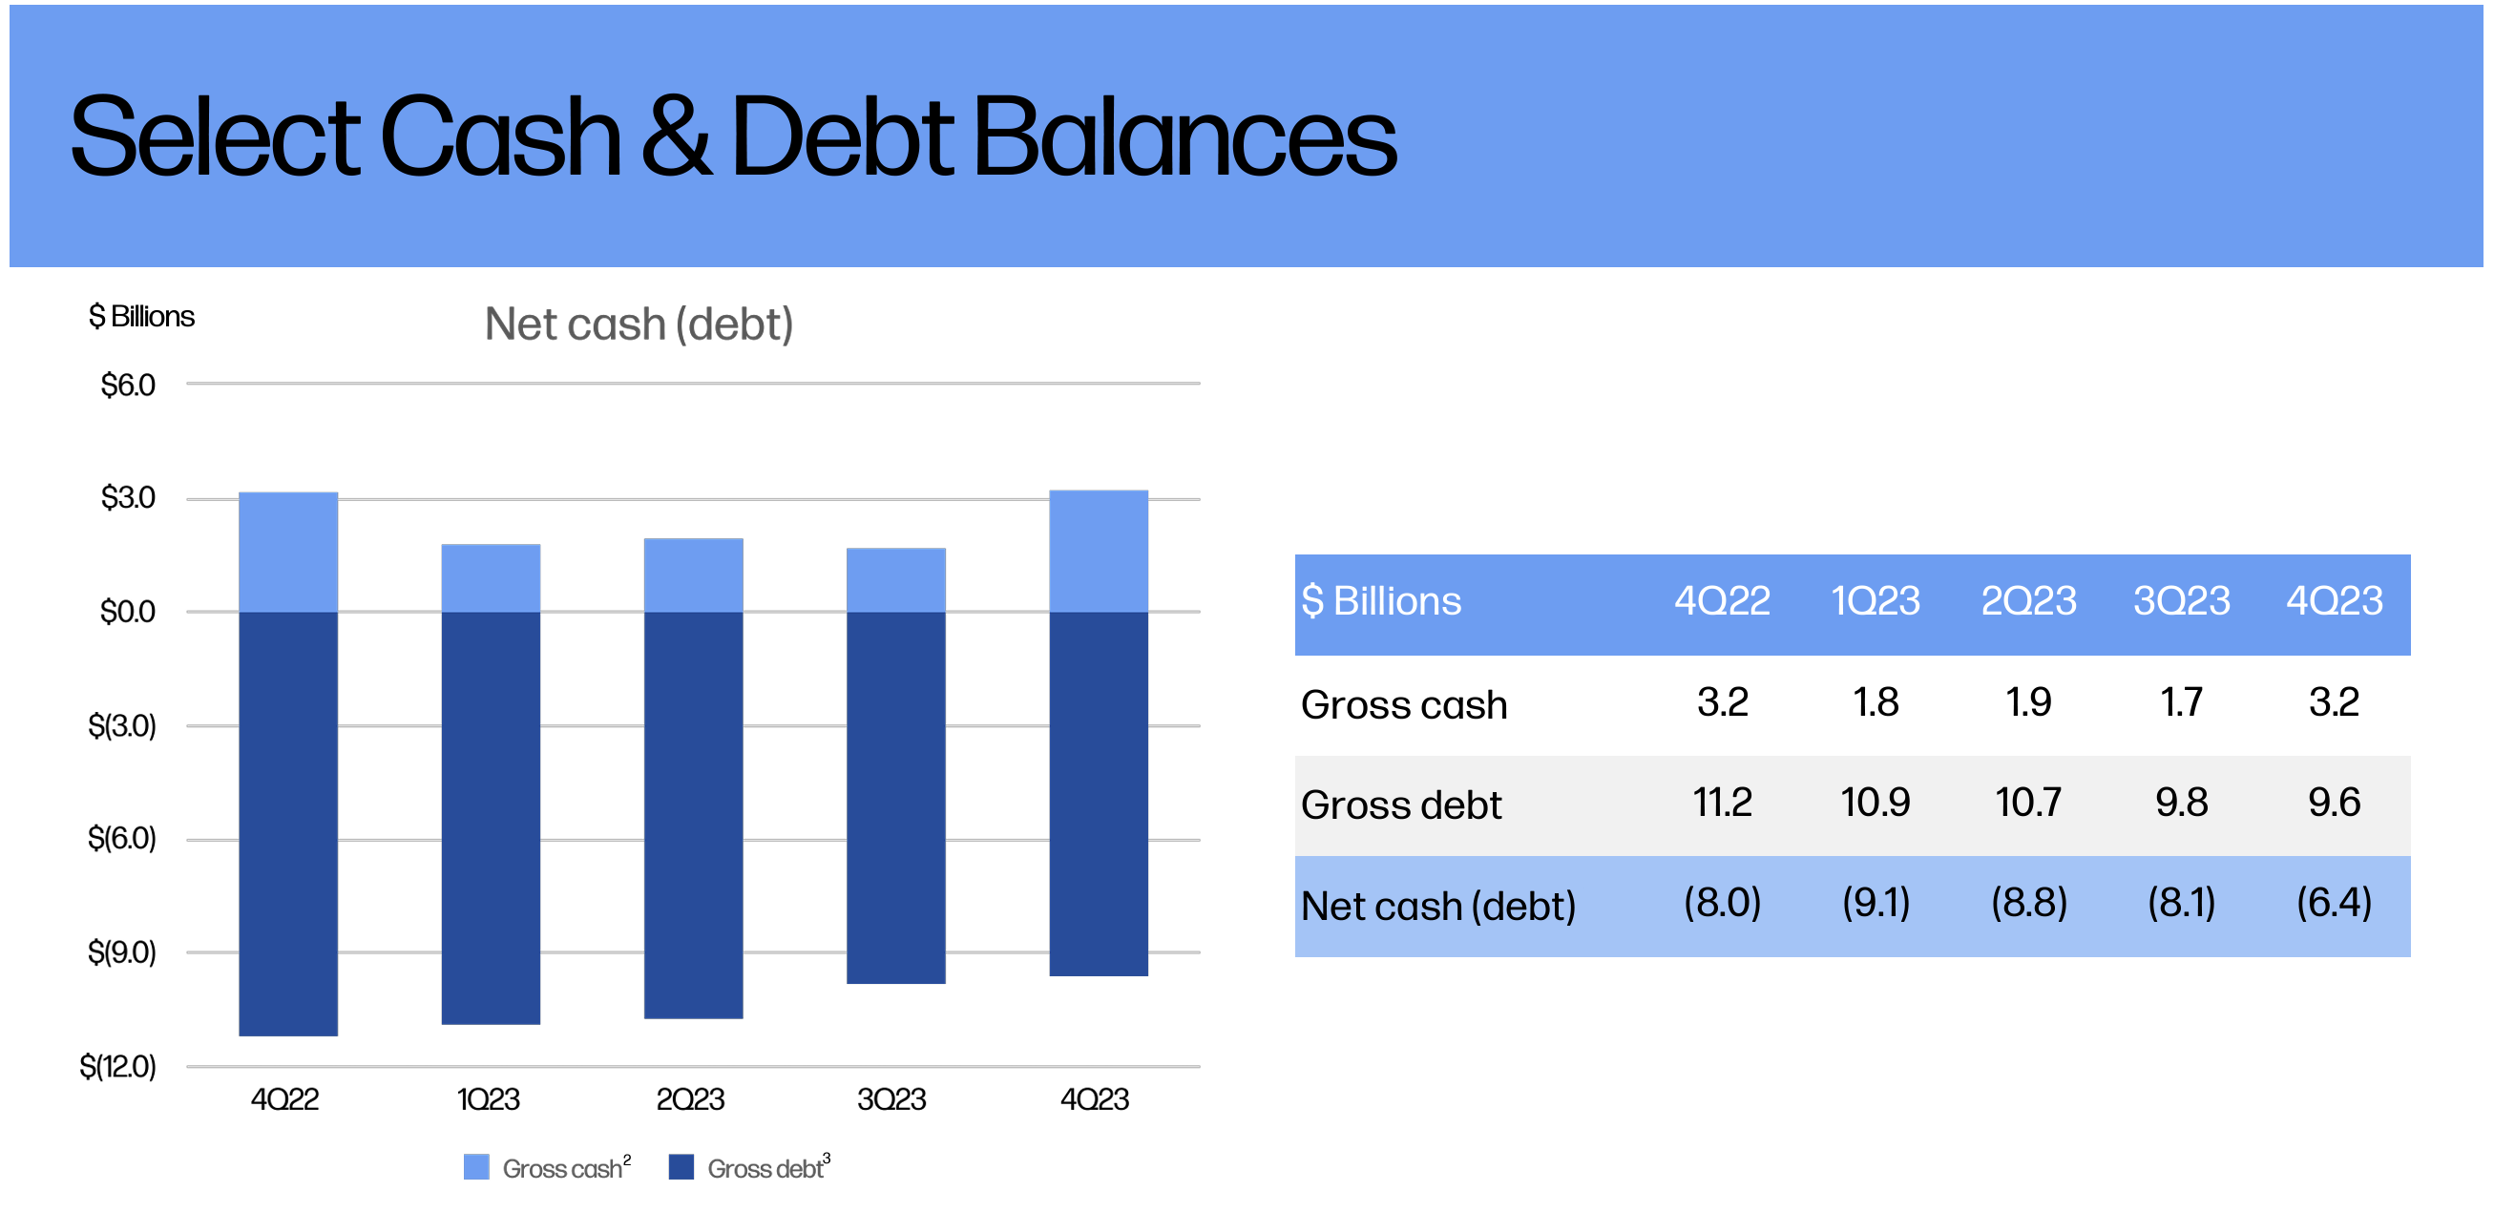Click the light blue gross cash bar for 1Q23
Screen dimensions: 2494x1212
click(491, 578)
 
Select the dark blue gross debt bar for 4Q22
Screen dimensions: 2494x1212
click(288, 824)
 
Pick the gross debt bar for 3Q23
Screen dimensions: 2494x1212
click(895, 798)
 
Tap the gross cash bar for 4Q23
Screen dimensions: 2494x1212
click(1099, 551)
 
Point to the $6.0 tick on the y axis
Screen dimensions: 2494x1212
click(128, 386)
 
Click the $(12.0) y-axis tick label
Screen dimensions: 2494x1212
click(118, 1067)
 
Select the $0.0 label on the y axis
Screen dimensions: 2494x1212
click(128, 612)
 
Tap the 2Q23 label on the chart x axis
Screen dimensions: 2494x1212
click(690, 1099)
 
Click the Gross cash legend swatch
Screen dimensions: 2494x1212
click(476, 1166)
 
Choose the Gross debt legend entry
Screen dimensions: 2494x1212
click(749, 1166)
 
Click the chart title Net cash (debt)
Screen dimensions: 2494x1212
click(639, 324)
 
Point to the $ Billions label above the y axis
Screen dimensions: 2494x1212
click(141, 317)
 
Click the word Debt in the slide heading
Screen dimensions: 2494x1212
click(842, 137)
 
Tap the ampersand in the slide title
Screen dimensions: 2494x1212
click(676, 137)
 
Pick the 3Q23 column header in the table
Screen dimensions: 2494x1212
click(2181, 601)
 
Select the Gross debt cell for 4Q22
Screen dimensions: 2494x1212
click(1723, 803)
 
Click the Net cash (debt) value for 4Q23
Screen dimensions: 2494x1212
click(2335, 903)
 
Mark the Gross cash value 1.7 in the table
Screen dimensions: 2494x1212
click(2181, 701)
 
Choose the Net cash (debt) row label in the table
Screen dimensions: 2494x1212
click(1438, 906)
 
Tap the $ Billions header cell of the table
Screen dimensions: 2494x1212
click(1381, 601)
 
